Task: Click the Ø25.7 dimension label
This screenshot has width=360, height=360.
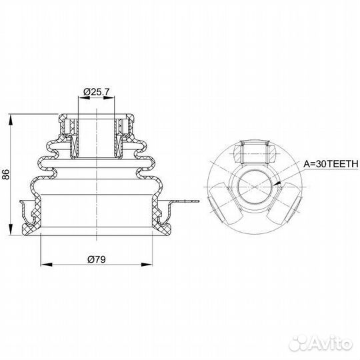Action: point(97,92)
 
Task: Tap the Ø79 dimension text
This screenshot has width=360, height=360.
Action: point(97,259)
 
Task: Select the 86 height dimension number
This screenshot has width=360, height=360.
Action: point(5,175)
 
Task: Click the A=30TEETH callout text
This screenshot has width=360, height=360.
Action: point(331,164)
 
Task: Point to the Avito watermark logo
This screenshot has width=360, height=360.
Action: point(321,344)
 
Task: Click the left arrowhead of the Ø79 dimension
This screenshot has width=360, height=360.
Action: point(47,265)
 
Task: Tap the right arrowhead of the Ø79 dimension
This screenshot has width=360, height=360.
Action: point(147,265)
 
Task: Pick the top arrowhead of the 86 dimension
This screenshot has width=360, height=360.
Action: point(11,119)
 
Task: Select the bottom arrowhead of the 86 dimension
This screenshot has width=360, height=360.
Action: point(11,229)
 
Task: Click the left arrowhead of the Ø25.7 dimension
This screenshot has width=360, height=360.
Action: point(84,98)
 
